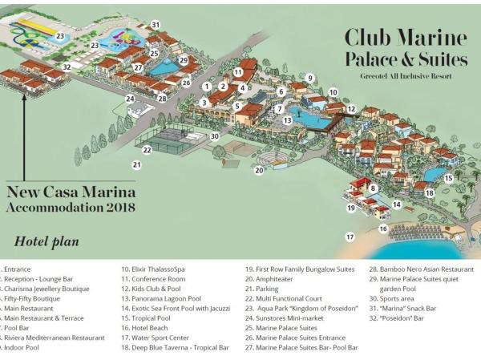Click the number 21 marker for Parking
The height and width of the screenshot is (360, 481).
[x=137, y=165]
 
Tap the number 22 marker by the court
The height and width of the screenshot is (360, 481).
[x=148, y=149]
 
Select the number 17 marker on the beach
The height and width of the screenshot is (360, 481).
[x=350, y=237]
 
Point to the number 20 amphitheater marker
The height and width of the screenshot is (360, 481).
[x=259, y=170]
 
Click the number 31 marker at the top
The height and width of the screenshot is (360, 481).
[x=156, y=25]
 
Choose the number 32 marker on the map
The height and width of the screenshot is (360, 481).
[x=67, y=67]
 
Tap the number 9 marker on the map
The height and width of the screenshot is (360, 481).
[x=310, y=78]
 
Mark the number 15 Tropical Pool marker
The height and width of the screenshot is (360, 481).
[x=448, y=178]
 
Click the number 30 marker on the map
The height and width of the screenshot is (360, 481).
[x=215, y=136]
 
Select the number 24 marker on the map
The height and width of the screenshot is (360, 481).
[x=130, y=99]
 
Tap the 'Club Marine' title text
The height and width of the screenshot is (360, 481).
[x=406, y=37]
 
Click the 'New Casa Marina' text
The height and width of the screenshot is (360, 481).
[x=71, y=192]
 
